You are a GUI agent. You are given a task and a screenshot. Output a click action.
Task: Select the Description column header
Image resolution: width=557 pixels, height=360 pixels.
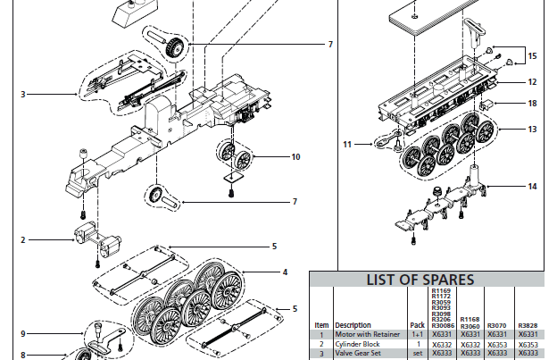pos(353,325)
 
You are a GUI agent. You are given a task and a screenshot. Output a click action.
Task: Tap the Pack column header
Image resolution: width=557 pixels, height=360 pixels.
pos(416,325)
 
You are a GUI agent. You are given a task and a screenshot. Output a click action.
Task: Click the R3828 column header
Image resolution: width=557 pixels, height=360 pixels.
pos(528,325)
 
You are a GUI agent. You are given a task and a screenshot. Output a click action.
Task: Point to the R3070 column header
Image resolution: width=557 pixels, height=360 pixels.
pos(501,325)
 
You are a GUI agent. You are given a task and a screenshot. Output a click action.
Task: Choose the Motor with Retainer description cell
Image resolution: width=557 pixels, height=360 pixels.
pos(368,334)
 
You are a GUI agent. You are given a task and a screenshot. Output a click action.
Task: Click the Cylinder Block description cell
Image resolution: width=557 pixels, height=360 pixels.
pos(359,344)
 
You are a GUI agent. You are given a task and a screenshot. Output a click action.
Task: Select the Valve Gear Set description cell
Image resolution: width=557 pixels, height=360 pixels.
pos(360,354)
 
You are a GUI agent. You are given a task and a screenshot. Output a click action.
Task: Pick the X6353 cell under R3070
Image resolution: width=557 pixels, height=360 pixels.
pos(501,344)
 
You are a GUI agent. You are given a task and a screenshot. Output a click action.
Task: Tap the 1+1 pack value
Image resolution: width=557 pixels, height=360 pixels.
pos(416,334)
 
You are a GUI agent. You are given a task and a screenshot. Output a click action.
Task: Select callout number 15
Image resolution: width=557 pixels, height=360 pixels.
pos(532,56)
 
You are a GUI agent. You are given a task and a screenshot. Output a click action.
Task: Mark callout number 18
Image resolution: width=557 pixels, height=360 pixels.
pos(532,104)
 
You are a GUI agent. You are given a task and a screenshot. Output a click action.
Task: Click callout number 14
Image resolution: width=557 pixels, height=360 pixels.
pos(532,187)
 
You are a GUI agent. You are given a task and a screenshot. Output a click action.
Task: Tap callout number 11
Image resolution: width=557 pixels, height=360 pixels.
pos(347,143)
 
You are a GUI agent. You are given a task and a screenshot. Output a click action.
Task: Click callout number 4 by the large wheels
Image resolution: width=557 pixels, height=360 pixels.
pos(284,272)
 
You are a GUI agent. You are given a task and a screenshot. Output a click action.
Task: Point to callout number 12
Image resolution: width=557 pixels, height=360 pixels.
pos(532,81)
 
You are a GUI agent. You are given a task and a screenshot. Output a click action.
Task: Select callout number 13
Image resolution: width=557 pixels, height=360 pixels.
pos(532,130)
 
